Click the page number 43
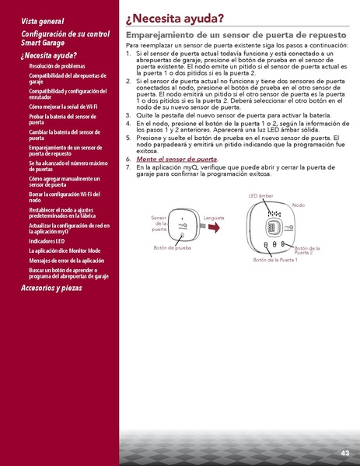(x=344, y=453)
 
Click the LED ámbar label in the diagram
(x=261, y=195)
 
